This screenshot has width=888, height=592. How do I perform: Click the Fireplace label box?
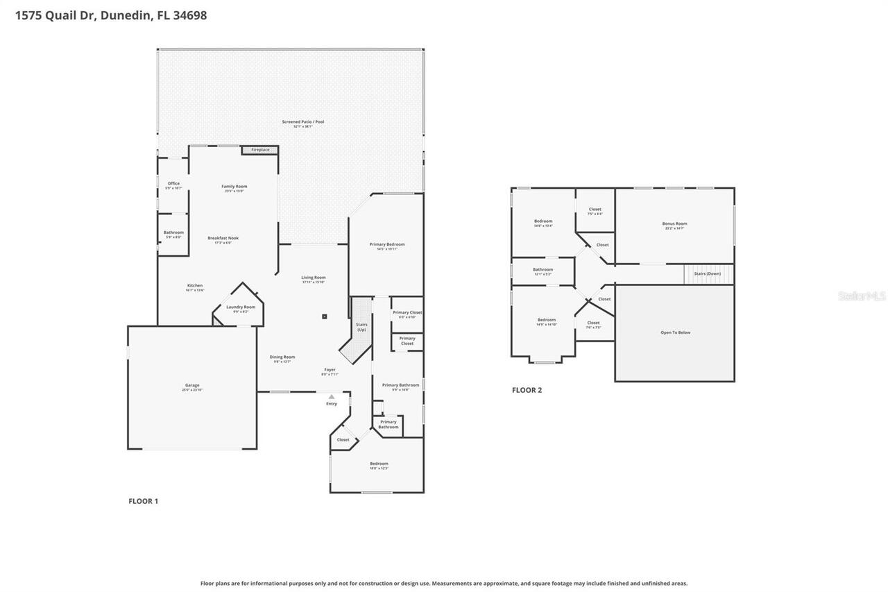(x=260, y=150)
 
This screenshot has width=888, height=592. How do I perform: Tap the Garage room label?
(x=192, y=386)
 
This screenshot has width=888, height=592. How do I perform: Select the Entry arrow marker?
(x=332, y=397)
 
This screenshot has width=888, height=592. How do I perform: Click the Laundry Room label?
(x=241, y=307)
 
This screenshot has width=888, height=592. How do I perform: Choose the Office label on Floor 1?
(x=173, y=184)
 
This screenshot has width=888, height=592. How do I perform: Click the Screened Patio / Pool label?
(x=302, y=122)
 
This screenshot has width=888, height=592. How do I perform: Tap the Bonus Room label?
(x=674, y=224)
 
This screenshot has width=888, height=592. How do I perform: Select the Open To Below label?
(x=675, y=332)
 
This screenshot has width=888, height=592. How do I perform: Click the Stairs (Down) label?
(x=708, y=273)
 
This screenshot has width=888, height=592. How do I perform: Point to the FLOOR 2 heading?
(x=527, y=390)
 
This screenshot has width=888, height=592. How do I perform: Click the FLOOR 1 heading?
(x=144, y=501)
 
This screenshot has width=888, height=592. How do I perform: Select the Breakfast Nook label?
(x=223, y=238)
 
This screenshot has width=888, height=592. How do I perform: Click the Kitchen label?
(x=195, y=286)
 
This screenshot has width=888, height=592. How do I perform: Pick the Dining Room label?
(x=282, y=357)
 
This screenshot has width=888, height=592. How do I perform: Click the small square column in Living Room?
(x=324, y=316)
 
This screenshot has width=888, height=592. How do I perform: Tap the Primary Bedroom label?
(x=386, y=244)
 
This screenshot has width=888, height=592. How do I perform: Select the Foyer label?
(x=330, y=370)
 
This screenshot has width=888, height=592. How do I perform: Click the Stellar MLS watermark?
(x=862, y=296)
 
